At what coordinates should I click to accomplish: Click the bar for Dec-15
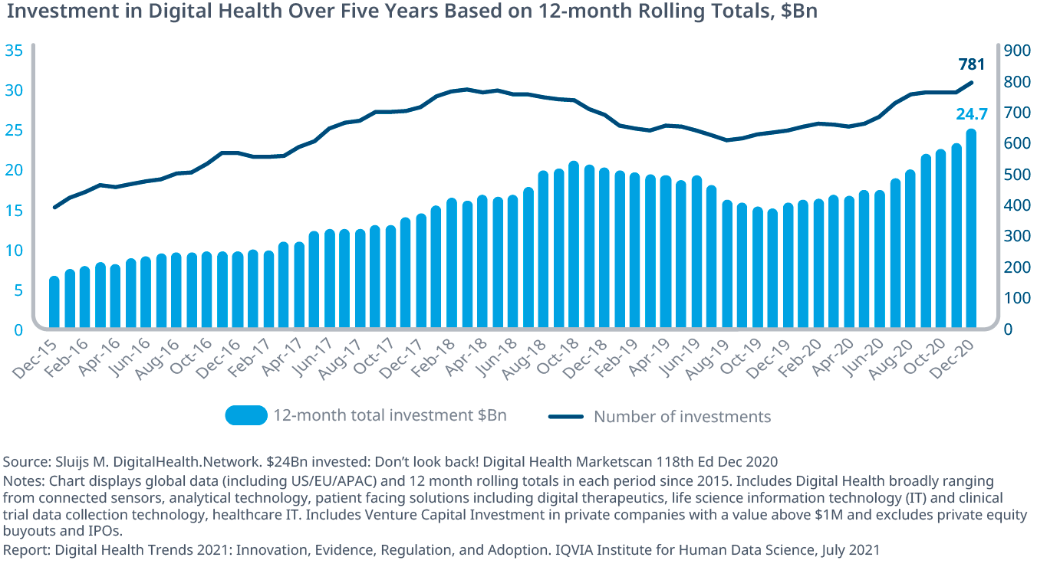54,303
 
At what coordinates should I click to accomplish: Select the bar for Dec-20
972,230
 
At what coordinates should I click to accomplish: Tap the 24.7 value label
970,114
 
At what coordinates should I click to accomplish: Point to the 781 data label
971,64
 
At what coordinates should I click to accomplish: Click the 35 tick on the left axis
14,51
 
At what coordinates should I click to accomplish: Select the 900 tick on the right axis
1020,51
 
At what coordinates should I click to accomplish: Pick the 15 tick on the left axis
14,211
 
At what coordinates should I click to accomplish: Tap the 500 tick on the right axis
1020,175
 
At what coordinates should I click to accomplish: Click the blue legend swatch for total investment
246,416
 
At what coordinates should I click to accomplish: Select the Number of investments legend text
682,417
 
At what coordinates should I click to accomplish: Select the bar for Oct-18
574,245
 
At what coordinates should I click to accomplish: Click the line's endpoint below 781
972,83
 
